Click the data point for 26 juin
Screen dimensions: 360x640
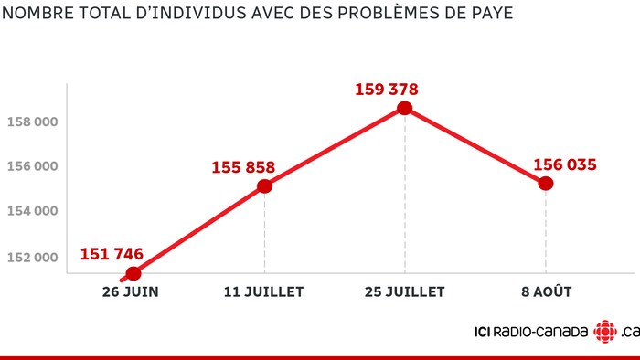coord(133,273)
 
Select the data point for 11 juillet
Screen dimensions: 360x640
coord(264,186)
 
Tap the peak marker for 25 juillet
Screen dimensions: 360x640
coord(405,109)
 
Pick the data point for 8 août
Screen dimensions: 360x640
coord(546,183)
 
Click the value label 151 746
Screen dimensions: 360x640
coord(112,254)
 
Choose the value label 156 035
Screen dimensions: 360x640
coord(565,165)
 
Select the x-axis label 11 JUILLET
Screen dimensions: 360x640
coord(264,293)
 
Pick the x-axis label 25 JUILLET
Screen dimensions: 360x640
coord(405,293)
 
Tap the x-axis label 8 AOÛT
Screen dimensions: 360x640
coord(546,293)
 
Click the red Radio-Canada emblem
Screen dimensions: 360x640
coord(604,332)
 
